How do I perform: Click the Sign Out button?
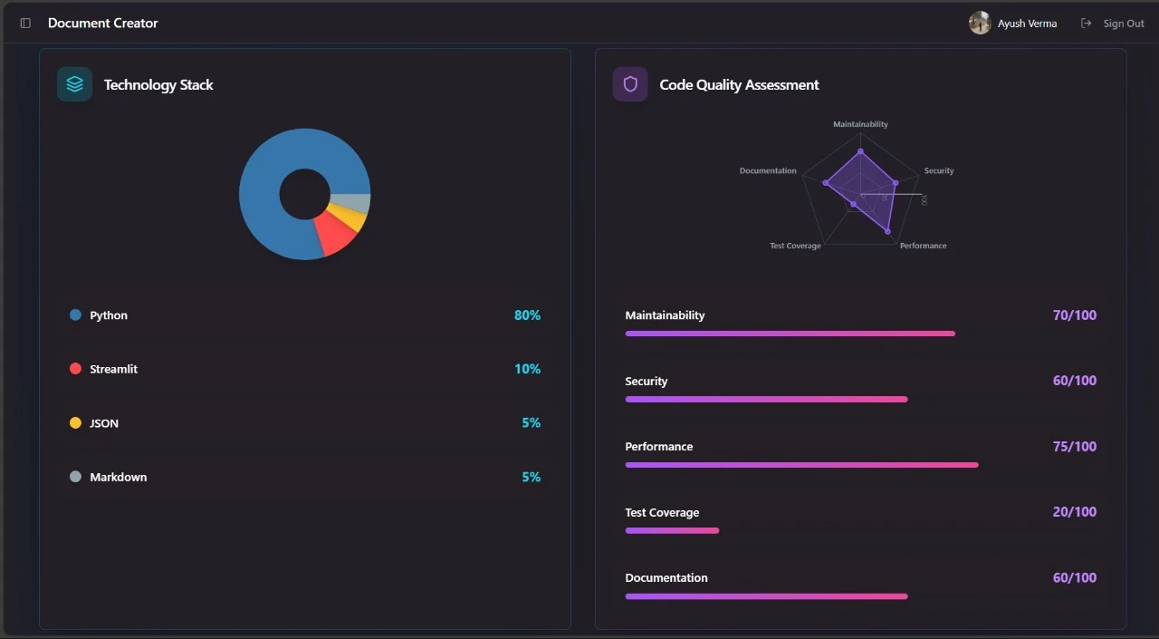(1114, 24)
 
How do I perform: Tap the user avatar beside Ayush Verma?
(980, 24)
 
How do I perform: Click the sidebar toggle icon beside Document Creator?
(25, 24)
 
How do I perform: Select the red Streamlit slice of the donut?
(337, 235)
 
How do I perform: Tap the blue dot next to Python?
(75, 315)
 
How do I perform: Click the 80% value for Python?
(527, 315)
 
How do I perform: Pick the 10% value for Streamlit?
(527, 369)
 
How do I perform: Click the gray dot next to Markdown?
(75, 477)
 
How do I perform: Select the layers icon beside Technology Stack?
(74, 84)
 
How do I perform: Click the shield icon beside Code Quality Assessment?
(630, 84)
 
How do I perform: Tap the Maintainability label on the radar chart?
(860, 124)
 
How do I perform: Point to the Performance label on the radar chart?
(923, 246)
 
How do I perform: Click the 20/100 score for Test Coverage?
(1074, 512)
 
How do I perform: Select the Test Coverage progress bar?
(672, 531)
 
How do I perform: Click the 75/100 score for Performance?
(1074, 446)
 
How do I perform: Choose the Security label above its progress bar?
(646, 382)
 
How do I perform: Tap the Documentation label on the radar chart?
(768, 170)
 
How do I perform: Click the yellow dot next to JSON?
(75, 423)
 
